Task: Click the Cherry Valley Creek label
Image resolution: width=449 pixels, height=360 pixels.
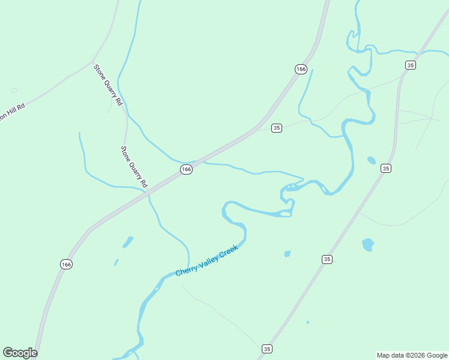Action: pos(207,260)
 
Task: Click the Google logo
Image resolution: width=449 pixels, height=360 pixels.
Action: pos(20,353)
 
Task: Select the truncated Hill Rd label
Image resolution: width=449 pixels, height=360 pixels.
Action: pos(11,112)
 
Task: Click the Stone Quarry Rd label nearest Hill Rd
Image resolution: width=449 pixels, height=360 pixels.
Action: pos(108,85)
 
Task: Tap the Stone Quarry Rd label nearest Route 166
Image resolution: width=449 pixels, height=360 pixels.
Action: pos(134,166)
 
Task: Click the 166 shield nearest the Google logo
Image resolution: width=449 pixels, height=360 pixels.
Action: pos(66,264)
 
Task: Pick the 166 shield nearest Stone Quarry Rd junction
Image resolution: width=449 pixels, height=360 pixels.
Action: pos(186,170)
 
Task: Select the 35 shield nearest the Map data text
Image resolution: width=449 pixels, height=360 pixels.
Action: pos(267,349)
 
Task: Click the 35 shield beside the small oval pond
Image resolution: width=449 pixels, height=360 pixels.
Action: pos(386,169)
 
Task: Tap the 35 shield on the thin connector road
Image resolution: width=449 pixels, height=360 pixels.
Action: pos(276,128)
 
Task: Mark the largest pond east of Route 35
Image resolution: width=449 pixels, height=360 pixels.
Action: pos(368,245)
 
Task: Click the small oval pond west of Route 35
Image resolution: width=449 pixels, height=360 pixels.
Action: pos(372,160)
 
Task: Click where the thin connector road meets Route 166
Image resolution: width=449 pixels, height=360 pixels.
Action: pos(256,130)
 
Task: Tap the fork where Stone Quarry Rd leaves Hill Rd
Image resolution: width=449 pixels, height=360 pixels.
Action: pos(92,62)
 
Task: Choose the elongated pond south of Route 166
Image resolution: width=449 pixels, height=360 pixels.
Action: pos(128,242)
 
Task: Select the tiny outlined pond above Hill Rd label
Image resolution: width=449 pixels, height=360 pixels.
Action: pos(14,91)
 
